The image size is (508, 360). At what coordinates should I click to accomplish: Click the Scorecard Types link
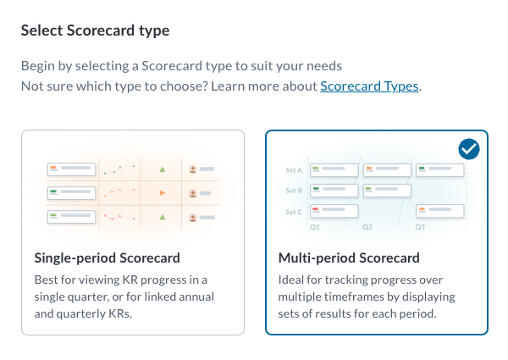(369, 86)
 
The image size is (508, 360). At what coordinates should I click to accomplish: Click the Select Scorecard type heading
(95, 30)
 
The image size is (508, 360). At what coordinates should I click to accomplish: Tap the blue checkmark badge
(469, 149)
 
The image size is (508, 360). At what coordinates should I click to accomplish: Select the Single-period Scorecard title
(108, 258)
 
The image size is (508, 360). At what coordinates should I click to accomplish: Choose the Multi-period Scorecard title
(349, 258)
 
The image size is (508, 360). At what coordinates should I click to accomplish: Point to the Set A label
(294, 170)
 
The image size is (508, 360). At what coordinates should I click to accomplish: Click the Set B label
(294, 191)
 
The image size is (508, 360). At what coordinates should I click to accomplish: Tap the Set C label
(294, 212)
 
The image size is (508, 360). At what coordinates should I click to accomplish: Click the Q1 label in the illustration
(315, 227)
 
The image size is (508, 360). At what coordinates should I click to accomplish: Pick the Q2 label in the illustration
(367, 227)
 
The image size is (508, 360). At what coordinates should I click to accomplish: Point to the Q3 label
(420, 227)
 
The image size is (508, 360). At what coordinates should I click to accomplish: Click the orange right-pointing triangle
(163, 193)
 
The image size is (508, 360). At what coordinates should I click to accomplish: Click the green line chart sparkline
(119, 169)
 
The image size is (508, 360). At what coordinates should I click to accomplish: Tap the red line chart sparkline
(119, 217)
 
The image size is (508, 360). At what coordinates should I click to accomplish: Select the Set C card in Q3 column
(440, 211)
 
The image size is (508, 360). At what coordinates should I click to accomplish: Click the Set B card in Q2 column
(387, 191)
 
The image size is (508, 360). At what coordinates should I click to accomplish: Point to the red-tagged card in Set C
(334, 211)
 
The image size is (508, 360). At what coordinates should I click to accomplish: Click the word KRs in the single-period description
(120, 313)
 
